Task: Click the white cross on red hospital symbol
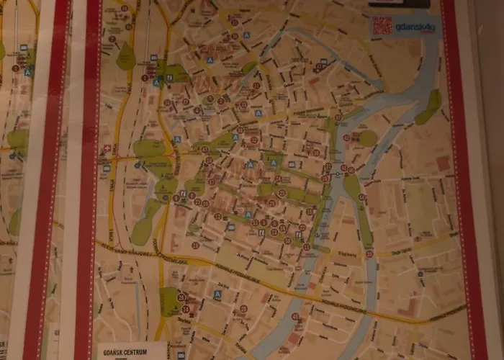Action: coord(108,148)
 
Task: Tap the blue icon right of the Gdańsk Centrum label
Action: coord(180,354)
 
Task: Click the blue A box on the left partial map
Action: coord(27,71)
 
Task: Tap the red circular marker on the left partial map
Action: coord(15,68)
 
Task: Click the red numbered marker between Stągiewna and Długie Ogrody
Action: coord(369,253)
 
